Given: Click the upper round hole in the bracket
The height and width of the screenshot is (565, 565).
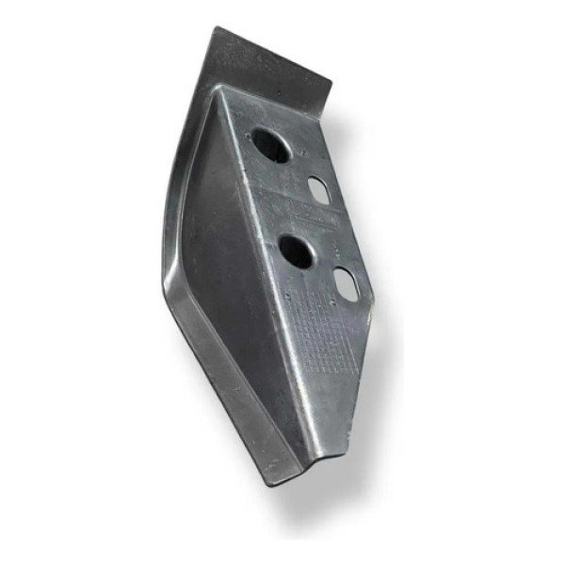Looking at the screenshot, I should tap(270, 145).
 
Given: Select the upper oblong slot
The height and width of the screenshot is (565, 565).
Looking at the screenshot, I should tap(319, 189).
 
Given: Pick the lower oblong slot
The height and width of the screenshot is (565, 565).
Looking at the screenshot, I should tap(347, 283).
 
